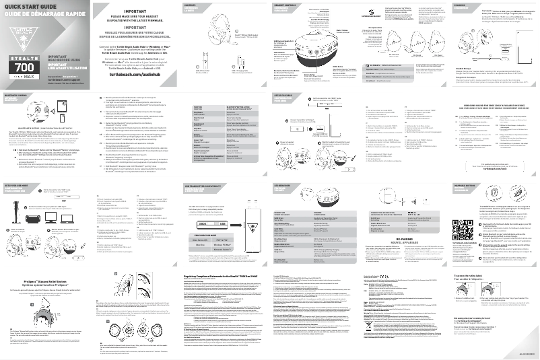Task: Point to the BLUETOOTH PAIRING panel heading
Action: pos(15,96)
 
